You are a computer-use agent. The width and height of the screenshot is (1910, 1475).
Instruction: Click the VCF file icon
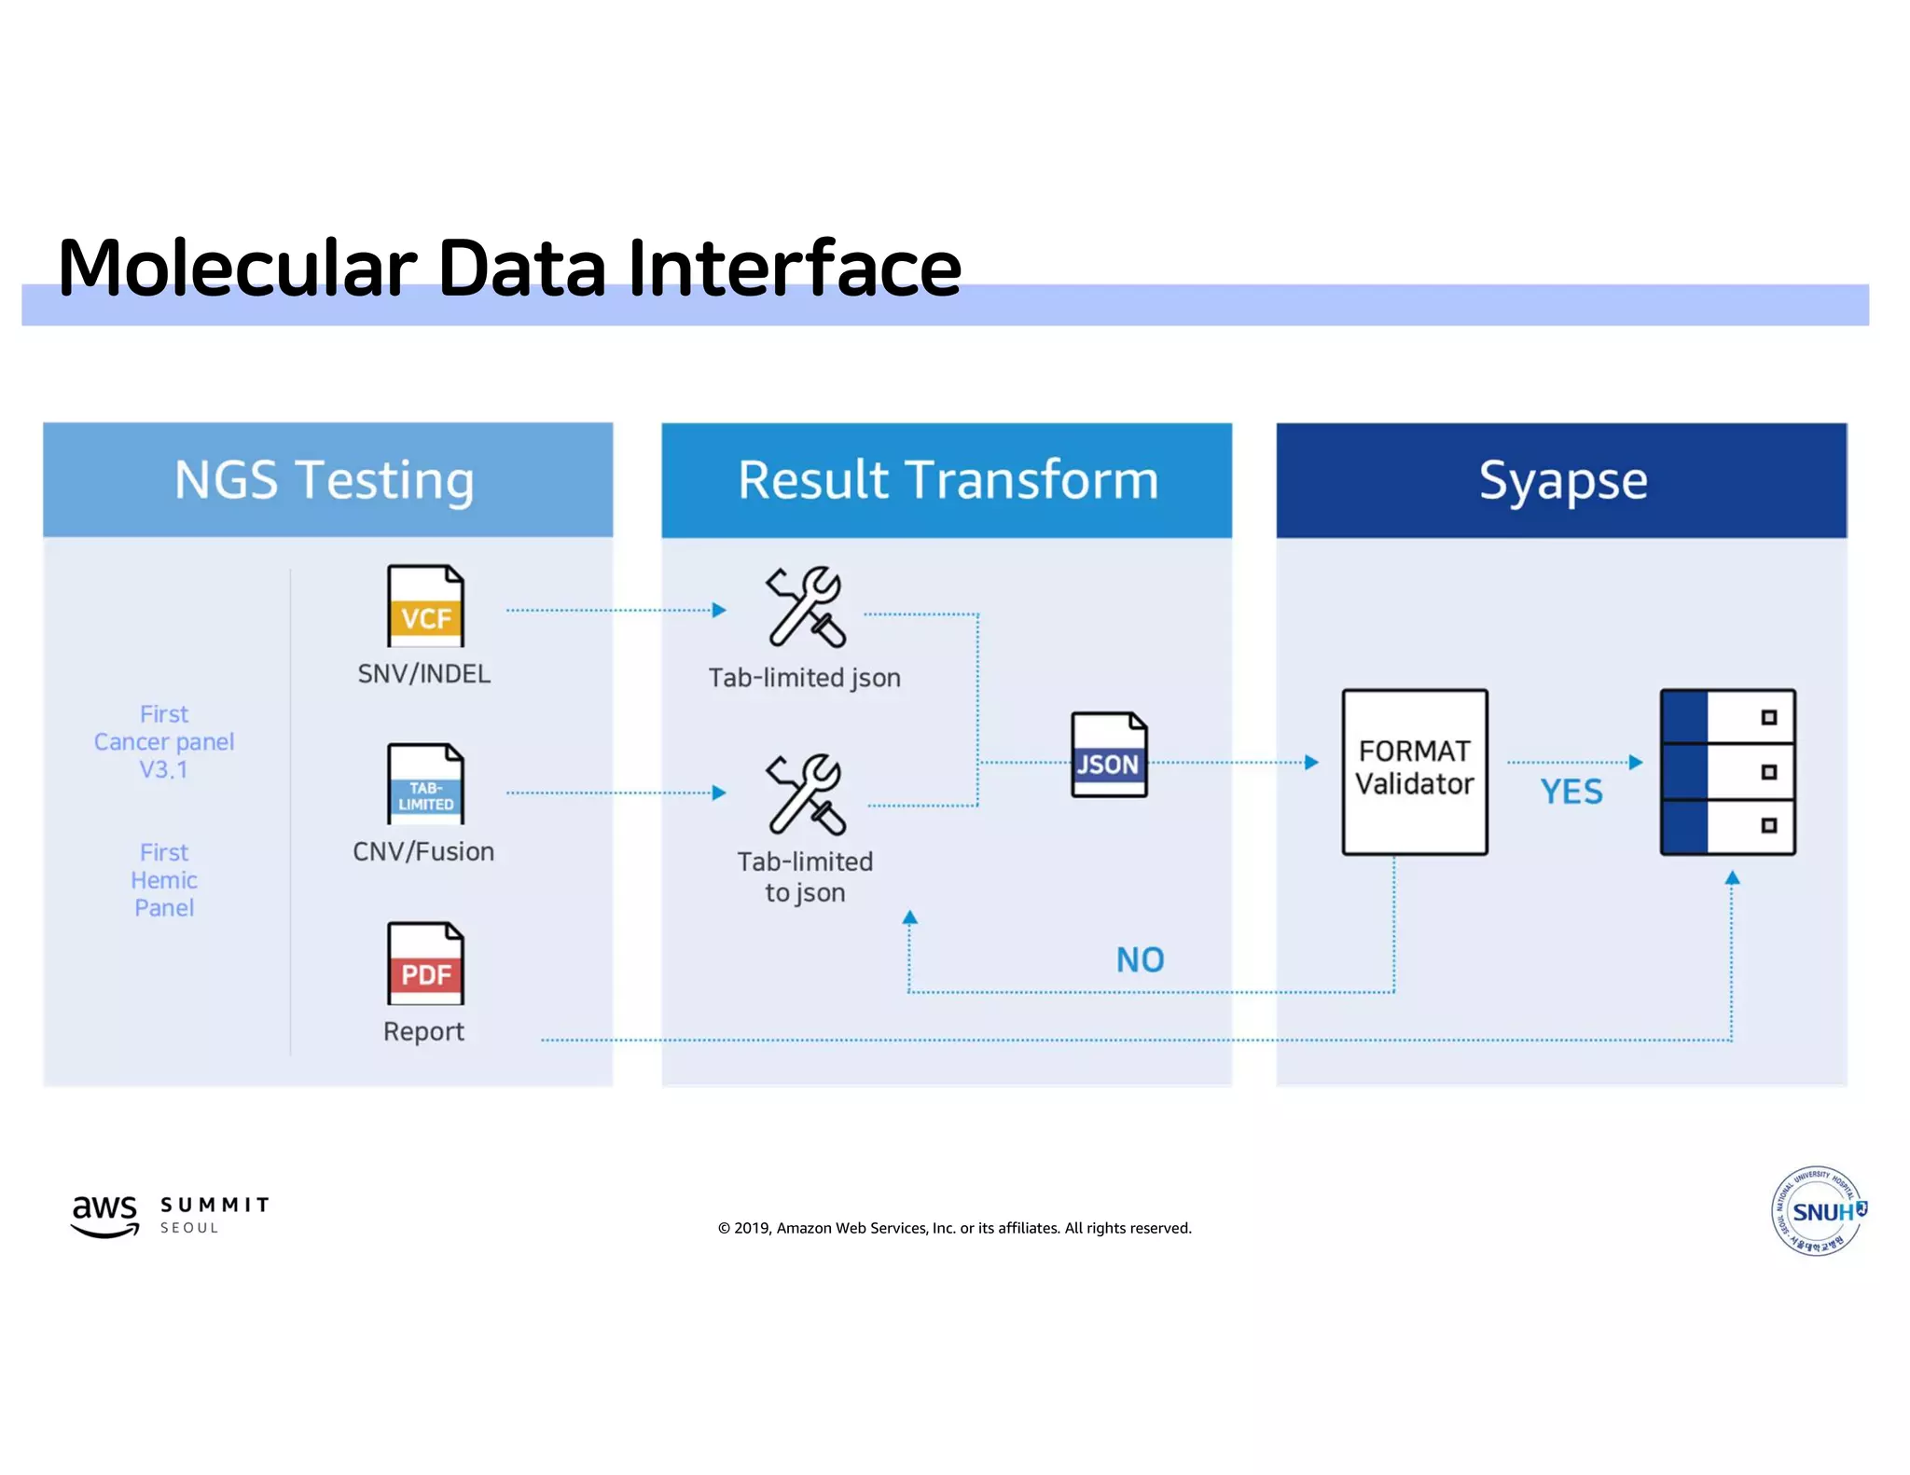click(425, 606)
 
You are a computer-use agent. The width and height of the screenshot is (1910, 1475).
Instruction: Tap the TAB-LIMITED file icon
click(425, 784)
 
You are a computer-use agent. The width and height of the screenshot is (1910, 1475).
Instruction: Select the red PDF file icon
click(425, 963)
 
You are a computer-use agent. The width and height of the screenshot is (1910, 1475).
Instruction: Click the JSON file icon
click(1109, 754)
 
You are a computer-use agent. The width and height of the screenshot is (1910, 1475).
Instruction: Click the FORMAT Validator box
click(1414, 771)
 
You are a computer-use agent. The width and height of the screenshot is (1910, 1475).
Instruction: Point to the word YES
click(1571, 793)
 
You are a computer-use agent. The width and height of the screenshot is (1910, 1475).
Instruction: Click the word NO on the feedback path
click(1140, 959)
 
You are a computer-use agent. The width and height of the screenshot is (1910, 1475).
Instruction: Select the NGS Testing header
click(327, 480)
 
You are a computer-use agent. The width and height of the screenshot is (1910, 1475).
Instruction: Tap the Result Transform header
click(947, 480)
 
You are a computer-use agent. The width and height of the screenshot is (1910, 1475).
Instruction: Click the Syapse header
click(1562, 480)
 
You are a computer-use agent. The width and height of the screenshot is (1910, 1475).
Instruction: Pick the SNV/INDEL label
click(424, 674)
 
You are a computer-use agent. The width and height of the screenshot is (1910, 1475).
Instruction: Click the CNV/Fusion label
click(423, 851)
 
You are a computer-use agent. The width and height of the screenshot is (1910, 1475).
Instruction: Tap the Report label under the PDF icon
click(423, 1031)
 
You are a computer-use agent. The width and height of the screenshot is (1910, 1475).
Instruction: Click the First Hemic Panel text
click(164, 880)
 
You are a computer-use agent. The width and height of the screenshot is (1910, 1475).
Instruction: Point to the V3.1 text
click(164, 770)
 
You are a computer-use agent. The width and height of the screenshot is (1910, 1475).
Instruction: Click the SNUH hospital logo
click(1818, 1211)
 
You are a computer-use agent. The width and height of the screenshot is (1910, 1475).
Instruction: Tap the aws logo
click(104, 1215)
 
